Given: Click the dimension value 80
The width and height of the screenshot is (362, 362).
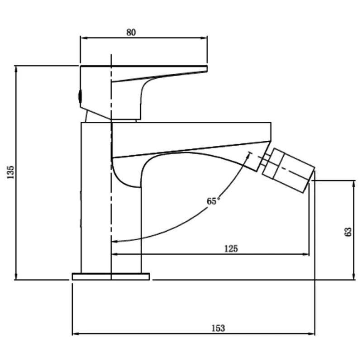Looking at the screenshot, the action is coord(131,33).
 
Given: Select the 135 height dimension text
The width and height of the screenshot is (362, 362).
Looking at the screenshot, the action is coord(10,172).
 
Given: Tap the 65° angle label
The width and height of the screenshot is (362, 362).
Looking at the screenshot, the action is coord(212,201).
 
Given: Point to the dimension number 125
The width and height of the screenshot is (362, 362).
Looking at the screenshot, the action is coord(231,248).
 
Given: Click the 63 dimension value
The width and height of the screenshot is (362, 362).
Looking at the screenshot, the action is coord(348,232).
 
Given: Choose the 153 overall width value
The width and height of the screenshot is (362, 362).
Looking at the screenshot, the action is coord(218,328).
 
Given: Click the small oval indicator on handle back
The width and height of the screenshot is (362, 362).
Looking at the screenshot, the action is coord(80,96).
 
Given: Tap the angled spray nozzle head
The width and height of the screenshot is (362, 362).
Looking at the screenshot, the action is coord(288,171).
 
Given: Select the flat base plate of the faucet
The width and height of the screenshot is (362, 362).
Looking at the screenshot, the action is coord(111,276).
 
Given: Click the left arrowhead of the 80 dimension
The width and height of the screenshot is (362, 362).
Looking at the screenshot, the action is coord(83,38).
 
